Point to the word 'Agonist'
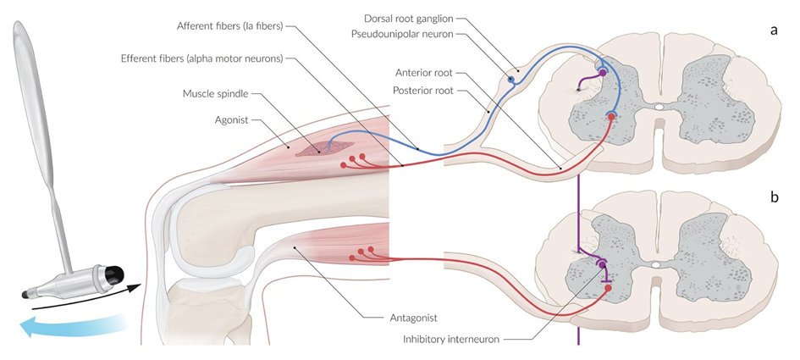pyautogui.click(x=231, y=121)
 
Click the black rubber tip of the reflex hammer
pyautogui.click(x=113, y=274)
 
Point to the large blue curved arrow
pyautogui.click(x=68, y=325)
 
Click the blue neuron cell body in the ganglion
pyautogui.click(x=510, y=81)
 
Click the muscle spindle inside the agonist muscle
pyautogui.click(x=323, y=149)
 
